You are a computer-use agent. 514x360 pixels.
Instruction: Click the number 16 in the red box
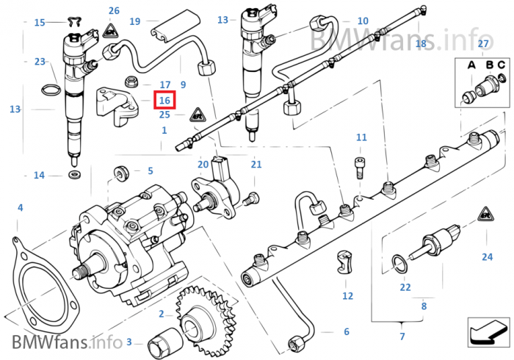(164, 100)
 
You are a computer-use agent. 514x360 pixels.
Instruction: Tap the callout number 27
(483, 45)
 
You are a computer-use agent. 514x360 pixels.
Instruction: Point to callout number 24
(487, 256)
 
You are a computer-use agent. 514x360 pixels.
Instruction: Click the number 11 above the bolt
(361, 137)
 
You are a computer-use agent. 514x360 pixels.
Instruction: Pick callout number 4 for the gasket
(20, 208)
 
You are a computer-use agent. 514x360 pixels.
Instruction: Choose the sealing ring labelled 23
(48, 90)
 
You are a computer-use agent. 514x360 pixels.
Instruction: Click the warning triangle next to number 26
(111, 31)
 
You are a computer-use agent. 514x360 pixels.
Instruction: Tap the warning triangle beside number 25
(198, 115)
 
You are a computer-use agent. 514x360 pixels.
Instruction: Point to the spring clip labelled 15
(73, 21)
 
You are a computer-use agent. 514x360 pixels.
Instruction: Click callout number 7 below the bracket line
(402, 336)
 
